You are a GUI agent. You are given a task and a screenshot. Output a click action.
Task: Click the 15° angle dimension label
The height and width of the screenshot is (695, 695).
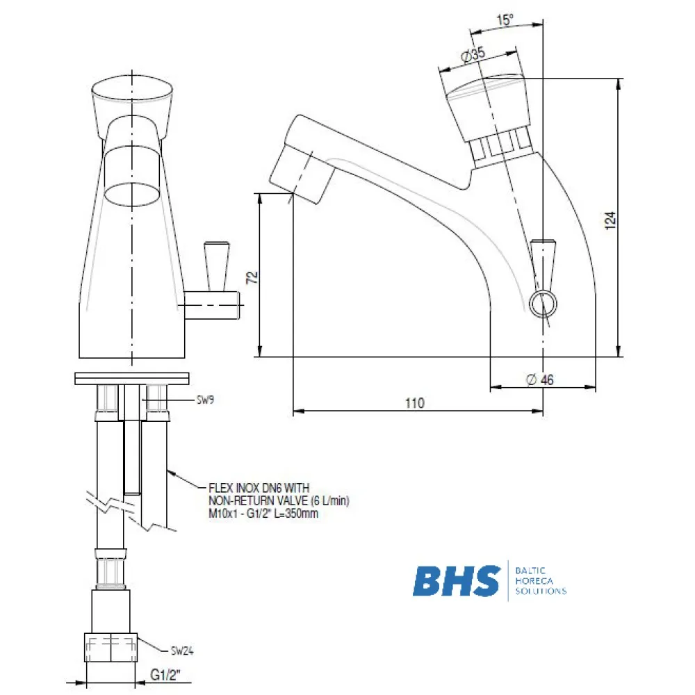coord(505,20)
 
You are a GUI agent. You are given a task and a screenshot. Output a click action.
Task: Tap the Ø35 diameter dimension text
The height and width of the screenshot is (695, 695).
coord(473,56)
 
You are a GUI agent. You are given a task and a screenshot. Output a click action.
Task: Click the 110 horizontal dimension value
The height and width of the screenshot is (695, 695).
coord(415,403)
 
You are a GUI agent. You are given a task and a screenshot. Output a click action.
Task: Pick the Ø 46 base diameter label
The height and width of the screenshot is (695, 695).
coord(540,379)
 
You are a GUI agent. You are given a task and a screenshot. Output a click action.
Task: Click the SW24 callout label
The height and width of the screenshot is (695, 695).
coord(182,651)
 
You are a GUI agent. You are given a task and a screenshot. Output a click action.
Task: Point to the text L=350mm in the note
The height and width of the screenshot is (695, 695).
coord(304,514)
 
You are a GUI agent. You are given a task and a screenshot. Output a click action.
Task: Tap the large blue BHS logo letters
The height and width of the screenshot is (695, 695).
coord(457,581)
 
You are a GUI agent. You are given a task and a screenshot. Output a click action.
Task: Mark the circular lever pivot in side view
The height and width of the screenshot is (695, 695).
coord(541,303)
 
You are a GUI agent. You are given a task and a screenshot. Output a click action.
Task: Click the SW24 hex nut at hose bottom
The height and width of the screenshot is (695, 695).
coord(111,649)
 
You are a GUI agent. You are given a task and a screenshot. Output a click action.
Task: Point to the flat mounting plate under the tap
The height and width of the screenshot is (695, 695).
coord(132,379)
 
